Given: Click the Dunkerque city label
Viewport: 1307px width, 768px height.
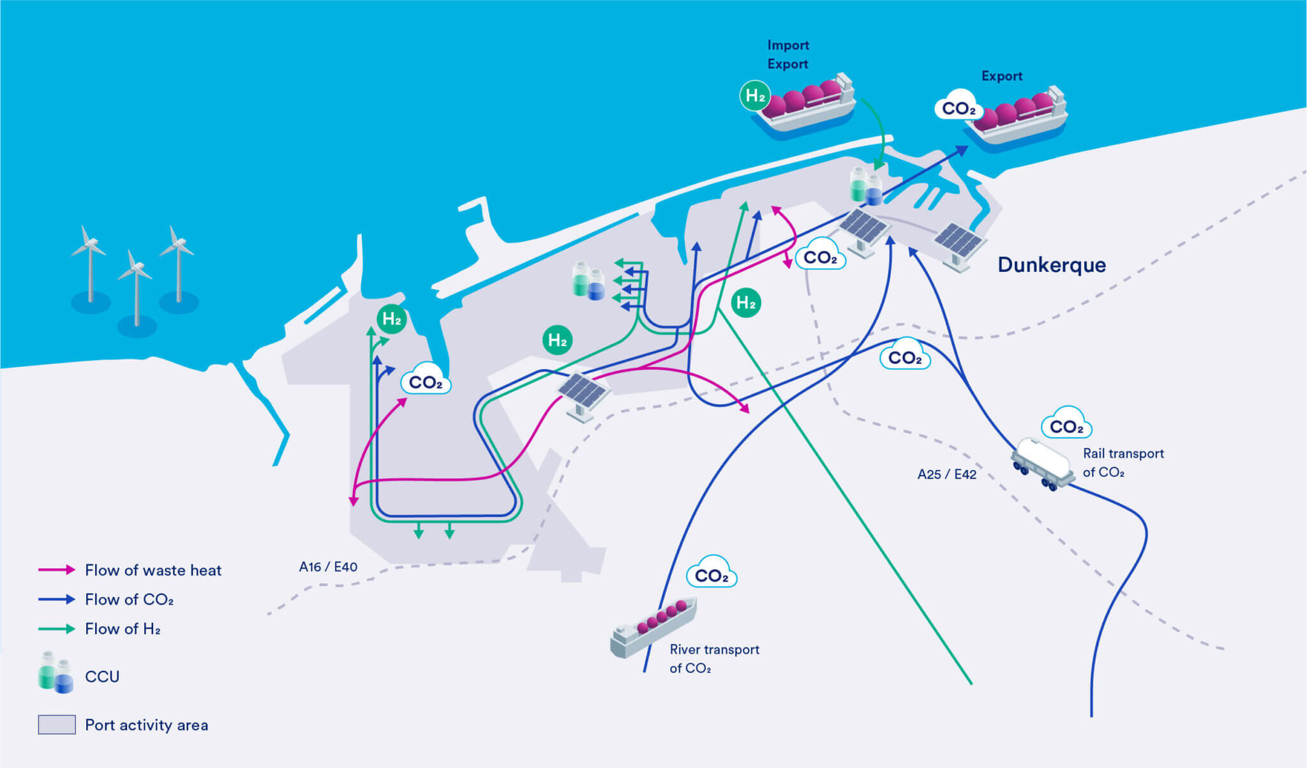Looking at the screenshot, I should click(x=1051, y=265).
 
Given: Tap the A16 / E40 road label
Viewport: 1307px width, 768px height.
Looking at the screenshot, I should click(x=328, y=567).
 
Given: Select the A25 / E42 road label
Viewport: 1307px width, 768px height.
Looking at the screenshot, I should click(x=946, y=474).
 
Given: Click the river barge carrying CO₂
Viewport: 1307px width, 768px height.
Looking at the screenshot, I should click(x=652, y=627).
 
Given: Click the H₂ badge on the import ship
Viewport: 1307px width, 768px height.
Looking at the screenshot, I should click(x=755, y=96).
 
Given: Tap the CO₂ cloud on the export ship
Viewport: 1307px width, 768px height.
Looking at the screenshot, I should click(x=958, y=108).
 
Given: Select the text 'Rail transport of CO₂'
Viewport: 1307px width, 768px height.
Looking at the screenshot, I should click(x=1123, y=463).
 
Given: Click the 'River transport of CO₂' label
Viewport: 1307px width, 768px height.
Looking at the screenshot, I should click(x=713, y=658).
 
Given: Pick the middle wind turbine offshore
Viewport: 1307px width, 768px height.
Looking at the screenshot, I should click(x=135, y=290).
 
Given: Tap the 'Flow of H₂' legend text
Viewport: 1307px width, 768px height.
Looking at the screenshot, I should click(x=123, y=629).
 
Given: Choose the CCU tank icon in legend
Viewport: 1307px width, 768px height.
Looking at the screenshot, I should click(x=55, y=673).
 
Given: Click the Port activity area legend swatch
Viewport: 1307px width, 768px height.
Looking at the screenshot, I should click(x=56, y=725).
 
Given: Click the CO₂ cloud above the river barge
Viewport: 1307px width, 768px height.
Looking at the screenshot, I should click(x=711, y=575).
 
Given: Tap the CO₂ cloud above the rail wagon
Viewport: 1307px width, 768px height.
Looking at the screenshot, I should click(x=1066, y=425).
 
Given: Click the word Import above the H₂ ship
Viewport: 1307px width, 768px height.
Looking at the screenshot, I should click(x=788, y=45).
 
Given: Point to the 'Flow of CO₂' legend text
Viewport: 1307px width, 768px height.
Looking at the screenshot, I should click(x=129, y=599).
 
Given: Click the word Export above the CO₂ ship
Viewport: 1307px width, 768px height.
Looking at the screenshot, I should click(x=1001, y=76).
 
